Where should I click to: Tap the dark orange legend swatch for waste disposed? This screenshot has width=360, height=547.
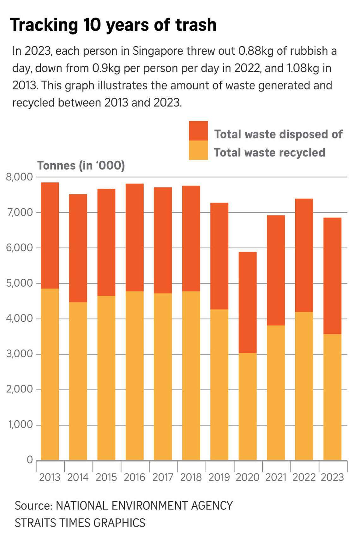coord(198,131)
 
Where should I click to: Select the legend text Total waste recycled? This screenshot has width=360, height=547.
coord(269,153)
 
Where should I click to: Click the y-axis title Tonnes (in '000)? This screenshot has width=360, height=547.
coord(81,166)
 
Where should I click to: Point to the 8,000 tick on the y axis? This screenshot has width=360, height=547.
coord(19,177)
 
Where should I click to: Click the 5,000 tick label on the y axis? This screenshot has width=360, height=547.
coord(19,283)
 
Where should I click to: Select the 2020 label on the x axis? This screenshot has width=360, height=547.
coord(247,477)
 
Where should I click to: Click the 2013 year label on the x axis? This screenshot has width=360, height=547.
coord(50,477)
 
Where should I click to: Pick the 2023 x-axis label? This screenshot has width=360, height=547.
coord(332,477)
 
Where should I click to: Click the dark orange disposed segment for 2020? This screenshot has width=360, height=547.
coord(247,302)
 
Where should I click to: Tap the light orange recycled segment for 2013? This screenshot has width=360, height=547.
coord(50,374)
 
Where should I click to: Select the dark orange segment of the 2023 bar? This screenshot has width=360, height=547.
coord(332,276)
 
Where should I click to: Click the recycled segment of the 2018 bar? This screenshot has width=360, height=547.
coord(191,375)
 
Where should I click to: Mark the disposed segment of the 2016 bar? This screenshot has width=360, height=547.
coord(134,237)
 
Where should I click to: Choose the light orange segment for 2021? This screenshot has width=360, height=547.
coord(275,392)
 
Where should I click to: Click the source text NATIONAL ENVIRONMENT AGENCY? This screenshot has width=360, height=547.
coord(144,506)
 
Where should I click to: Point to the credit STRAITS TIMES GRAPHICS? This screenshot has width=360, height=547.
coord(80,523)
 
